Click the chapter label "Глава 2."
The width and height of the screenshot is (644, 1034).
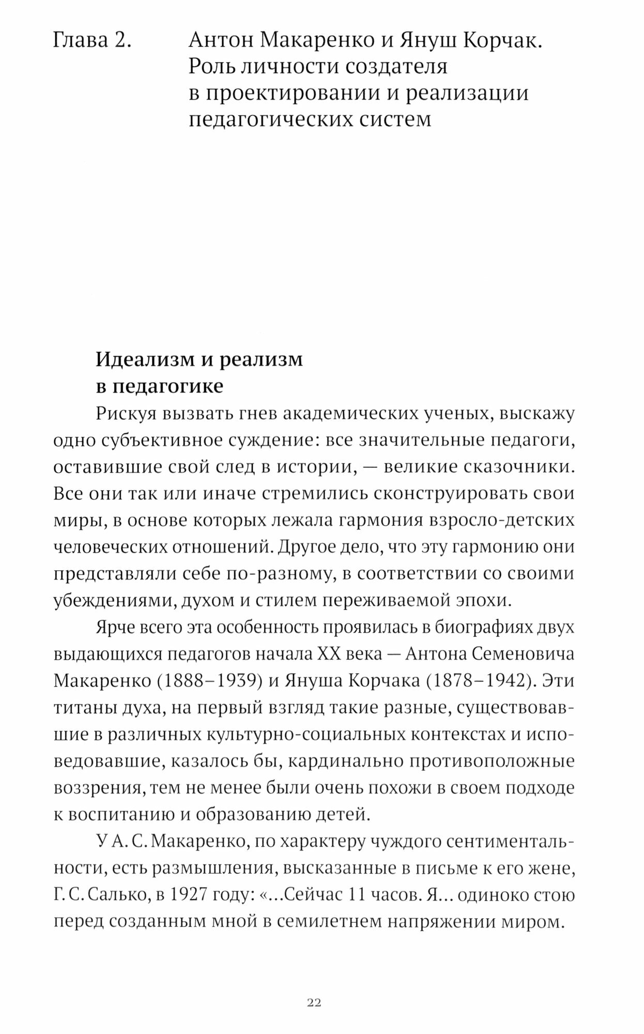[x=92, y=40]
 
